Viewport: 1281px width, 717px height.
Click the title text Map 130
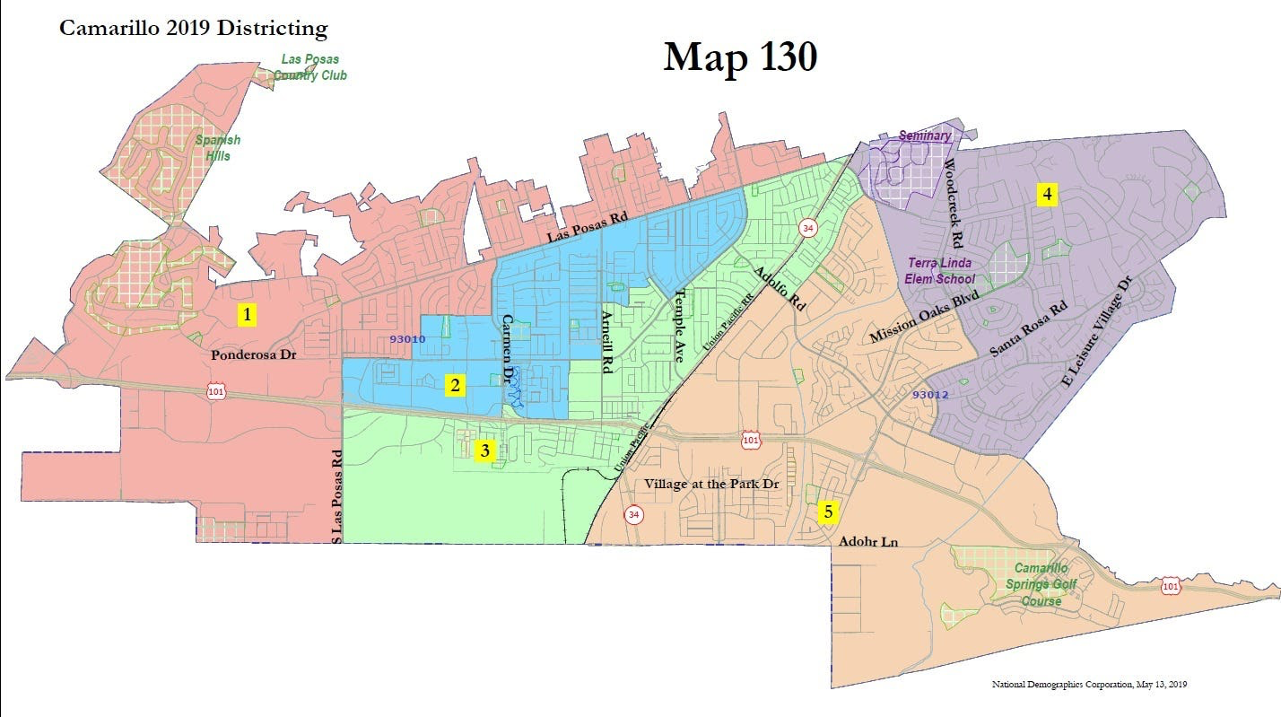740,57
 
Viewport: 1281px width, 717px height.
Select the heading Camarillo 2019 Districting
193,28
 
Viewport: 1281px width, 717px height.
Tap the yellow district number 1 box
246,314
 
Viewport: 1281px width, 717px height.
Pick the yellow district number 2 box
456,386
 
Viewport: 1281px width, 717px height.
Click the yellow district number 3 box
484,450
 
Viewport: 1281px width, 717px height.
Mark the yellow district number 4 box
1045,194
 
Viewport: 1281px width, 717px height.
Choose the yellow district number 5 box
828,512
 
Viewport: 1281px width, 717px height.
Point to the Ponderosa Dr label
253,354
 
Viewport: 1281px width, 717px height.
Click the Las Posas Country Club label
310,67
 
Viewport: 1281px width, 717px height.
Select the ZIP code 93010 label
408,339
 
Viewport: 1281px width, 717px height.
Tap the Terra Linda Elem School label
941,272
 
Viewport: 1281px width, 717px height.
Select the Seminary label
924,136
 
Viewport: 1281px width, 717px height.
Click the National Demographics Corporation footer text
1090,685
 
